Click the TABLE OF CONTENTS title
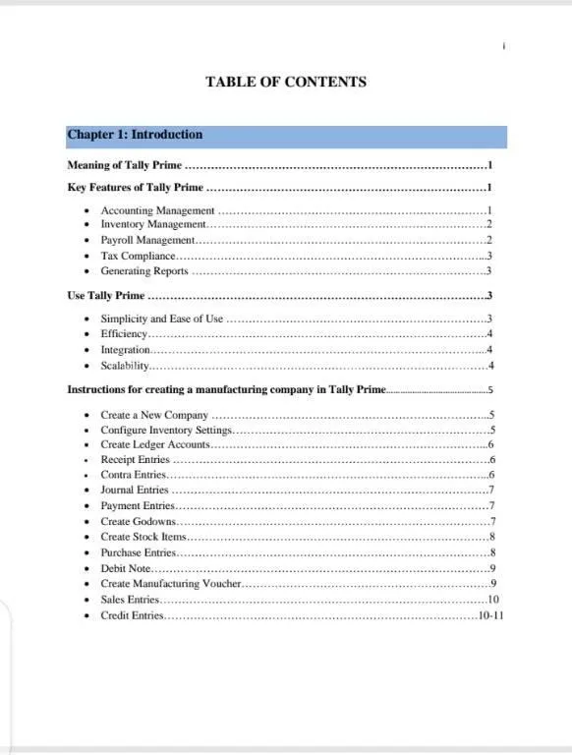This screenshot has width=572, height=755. pyautogui.click(x=285, y=82)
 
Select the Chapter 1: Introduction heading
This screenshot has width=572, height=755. pyautogui.click(x=135, y=136)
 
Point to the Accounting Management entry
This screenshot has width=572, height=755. pyautogui.click(x=157, y=210)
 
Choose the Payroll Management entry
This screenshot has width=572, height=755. pyautogui.click(x=148, y=240)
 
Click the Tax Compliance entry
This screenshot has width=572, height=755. pyautogui.click(x=138, y=256)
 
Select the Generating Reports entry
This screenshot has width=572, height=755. pyautogui.click(x=144, y=271)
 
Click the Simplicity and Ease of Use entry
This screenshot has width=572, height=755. pyautogui.click(x=161, y=319)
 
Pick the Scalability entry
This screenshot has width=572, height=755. pyautogui.click(x=125, y=366)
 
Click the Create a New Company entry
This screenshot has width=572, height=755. pyautogui.click(x=154, y=415)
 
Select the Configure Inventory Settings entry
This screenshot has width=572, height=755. pyautogui.click(x=166, y=430)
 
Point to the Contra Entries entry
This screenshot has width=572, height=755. pyautogui.click(x=134, y=475)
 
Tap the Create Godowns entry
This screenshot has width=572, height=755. pyautogui.click(x=139, y=521)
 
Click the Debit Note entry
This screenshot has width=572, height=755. pyautogui.click(x=126, y=568)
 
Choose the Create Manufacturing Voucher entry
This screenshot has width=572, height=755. pyautogui.click(x=170, y=584)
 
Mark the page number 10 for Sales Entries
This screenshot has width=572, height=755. pyautogui.click(x=493, y=600)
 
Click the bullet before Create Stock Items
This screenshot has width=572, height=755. pyautogui.click(x=88, y=537)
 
